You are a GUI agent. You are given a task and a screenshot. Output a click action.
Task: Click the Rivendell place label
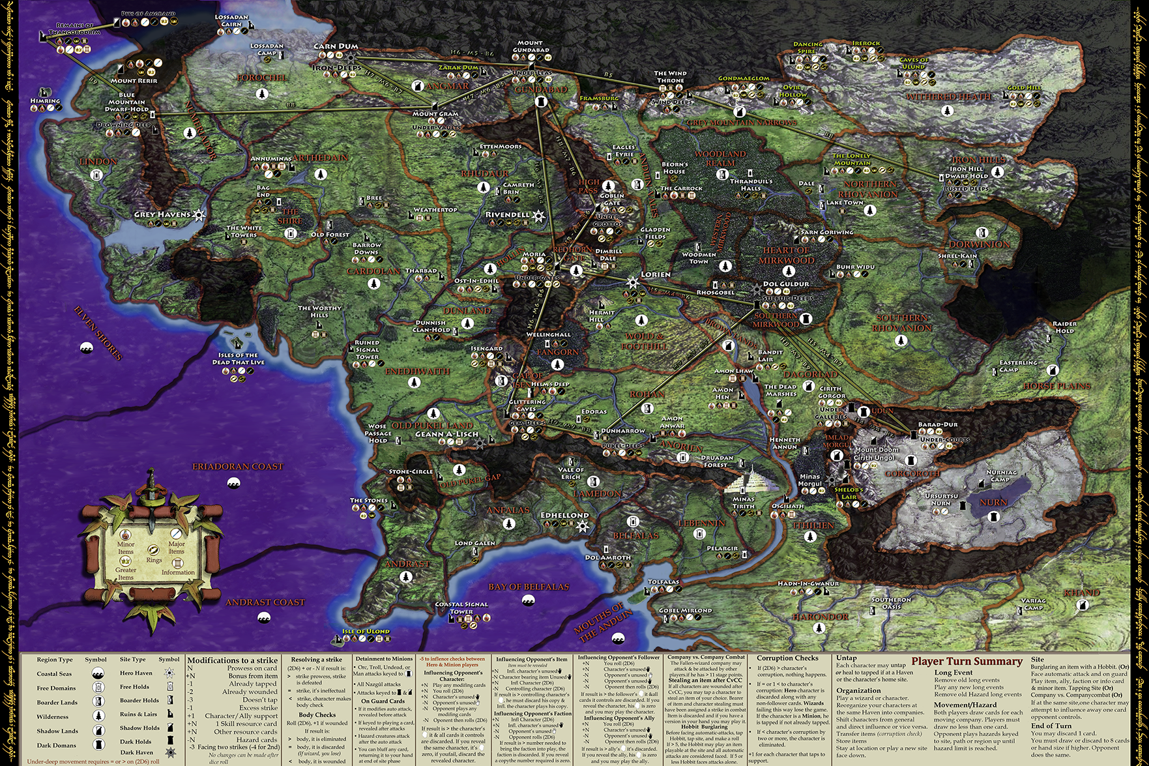507,214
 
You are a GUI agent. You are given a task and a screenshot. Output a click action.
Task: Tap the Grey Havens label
162,214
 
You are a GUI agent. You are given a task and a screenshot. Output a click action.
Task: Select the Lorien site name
655,274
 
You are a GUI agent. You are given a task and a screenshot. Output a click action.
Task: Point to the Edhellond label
564,515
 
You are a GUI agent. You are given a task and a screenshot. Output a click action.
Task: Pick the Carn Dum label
336,46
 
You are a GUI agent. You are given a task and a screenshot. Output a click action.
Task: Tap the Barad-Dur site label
938,424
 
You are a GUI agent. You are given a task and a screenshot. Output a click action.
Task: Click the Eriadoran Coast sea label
237,466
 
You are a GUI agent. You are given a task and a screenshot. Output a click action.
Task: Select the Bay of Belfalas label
529,587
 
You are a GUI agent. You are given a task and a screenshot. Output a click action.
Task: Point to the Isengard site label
487,349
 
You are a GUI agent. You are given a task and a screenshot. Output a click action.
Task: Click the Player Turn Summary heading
967,661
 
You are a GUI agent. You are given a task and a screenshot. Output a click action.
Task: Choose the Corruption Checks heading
787,658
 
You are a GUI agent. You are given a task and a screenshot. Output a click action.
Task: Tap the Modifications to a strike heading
232,660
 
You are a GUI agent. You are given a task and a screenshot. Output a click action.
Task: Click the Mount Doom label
876,450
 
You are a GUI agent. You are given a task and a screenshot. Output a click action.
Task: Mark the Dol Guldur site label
785,284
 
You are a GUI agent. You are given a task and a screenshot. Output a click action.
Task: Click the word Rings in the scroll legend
154,560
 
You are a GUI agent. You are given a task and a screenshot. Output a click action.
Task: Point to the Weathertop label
435,210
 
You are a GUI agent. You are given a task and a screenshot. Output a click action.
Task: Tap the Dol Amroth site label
607,557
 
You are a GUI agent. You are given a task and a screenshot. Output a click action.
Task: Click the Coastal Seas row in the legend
55,673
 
